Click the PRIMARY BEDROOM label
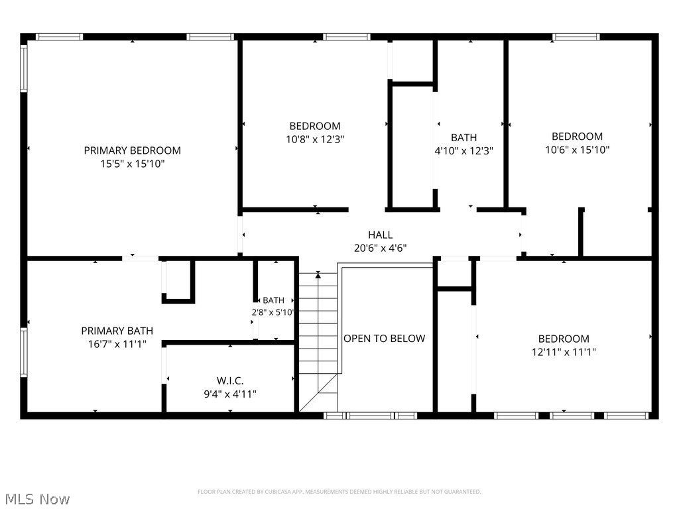click(132, 150)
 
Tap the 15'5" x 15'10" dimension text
click(133, 164)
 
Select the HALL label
click(380, 235)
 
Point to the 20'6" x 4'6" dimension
click(380, 249)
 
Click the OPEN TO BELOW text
click(384, 339)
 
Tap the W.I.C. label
click(230, 381)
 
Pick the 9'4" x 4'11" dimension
click(230, 394)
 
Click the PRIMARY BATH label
click(117, 331)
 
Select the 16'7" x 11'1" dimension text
click(117, 345)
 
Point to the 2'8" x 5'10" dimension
click(273, 313)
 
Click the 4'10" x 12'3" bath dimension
click(463, 151)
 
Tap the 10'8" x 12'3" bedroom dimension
click(315, 139)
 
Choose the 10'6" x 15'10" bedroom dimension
click(578, 150)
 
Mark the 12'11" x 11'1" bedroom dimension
click(564, 353)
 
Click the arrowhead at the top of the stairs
click(318, 274)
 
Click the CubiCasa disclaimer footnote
click(339, 492)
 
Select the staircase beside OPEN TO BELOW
click(318, 342)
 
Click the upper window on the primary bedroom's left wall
click(23, 69)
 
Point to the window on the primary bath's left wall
click(23, 353)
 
